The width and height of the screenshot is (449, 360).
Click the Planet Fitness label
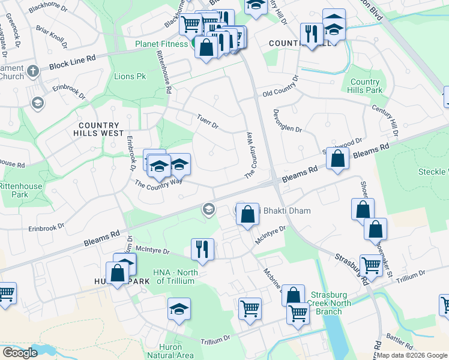click(x=162, y=44)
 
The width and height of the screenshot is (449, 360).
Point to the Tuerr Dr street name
click(x=208, y=122)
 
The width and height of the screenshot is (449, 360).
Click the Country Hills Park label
click(x=365, y=86)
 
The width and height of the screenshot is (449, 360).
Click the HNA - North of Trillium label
click(x=175, y=277)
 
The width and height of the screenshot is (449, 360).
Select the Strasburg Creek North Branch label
click(x=333, y=303)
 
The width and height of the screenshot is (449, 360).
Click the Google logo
click(x=20, y=353)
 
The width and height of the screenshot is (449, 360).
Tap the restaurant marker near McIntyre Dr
click(x=202, y=249)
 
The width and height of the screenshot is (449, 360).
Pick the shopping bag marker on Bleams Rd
click(x=339, y=159)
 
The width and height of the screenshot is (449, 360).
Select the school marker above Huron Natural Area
click(x=179, y=309)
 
